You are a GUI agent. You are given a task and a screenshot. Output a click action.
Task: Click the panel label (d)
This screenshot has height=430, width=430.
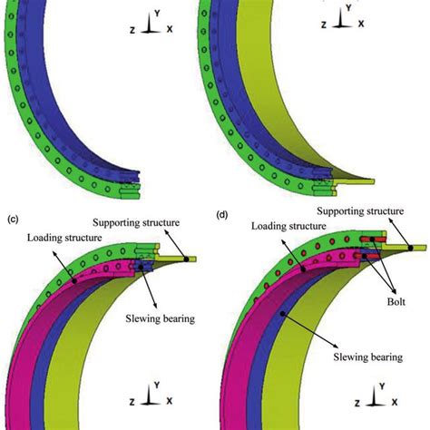click(223, 216)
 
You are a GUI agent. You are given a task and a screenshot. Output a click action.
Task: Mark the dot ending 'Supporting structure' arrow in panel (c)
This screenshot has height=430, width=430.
click(185, 259)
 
